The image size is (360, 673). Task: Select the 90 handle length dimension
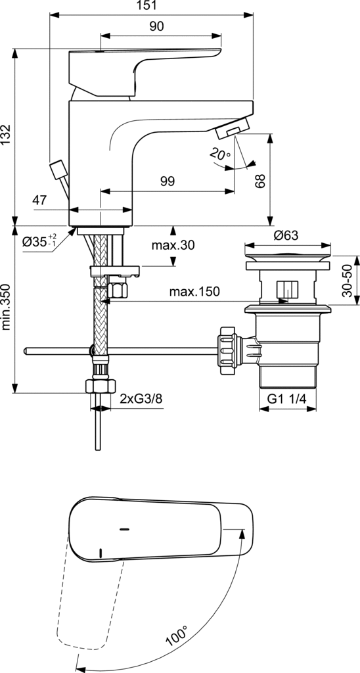tap(157, 26)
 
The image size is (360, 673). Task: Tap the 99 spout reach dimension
tap(168, 181)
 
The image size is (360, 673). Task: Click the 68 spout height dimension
tap(259, 181)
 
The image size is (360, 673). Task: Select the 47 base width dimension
tap(40, 200)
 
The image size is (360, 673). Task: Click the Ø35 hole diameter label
tap(39, 241)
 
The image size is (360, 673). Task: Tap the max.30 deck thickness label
tap(173, 245)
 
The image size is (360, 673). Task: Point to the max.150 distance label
tap(194, 292)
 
